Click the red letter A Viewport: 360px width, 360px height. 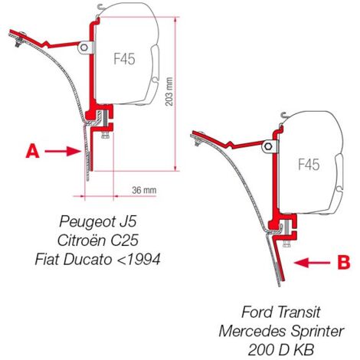coord(32,151)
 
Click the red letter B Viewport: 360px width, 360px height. coord(343,262)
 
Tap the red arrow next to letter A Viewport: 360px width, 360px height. coord(63,151)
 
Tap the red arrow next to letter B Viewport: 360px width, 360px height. coord(312,262)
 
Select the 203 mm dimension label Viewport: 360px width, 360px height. coord(169,91)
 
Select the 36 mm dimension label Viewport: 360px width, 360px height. coord(144,190)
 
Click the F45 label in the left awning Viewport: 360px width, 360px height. coord(124,59)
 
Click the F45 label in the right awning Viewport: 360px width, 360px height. coord(309,164)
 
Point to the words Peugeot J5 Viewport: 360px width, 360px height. coord(98,221)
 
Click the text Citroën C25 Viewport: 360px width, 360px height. coord(98,240)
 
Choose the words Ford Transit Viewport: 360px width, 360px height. coord(281,312)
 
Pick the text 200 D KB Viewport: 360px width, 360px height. coord(281,350)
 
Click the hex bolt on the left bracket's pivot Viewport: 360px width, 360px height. coord(84,47)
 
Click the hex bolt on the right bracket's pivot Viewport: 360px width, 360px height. coord(269,146)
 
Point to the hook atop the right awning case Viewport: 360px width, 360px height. coord(283,117)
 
